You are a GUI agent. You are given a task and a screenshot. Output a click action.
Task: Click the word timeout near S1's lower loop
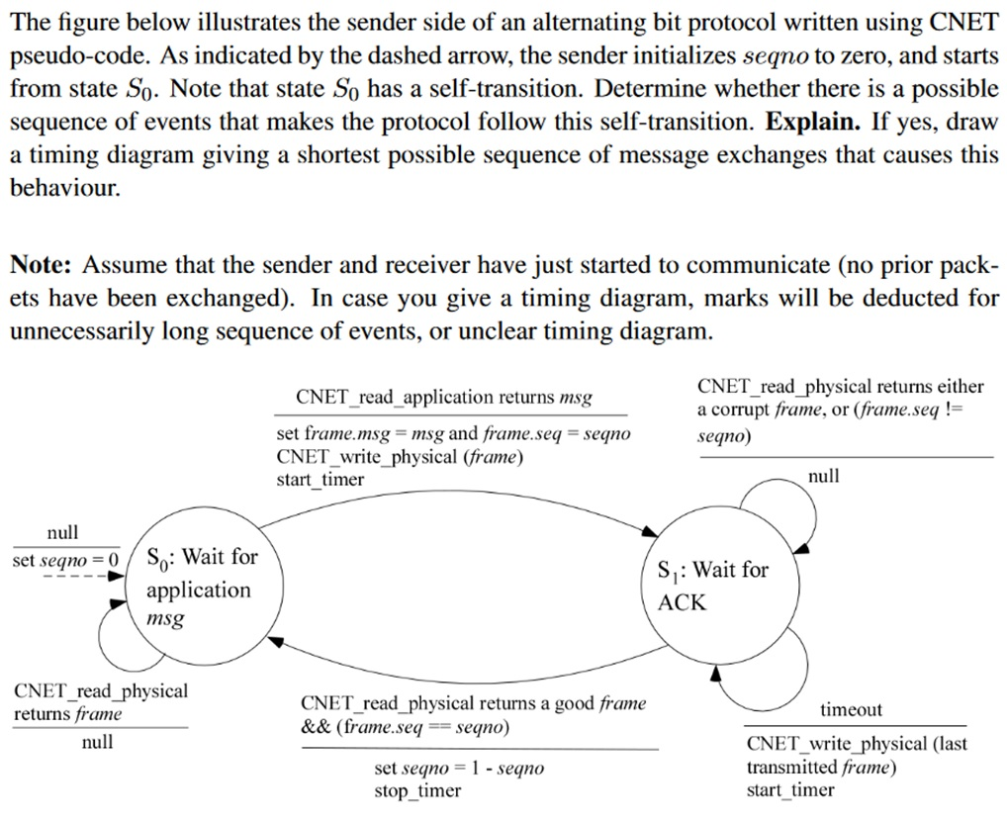(851, 709)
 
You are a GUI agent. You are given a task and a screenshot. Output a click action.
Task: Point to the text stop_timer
(416, 790)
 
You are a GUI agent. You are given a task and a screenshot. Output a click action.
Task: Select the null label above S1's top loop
(823, 476)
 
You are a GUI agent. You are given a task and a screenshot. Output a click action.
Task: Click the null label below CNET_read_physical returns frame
(97, 741)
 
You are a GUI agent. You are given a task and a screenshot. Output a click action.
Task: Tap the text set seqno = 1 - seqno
(459, 769)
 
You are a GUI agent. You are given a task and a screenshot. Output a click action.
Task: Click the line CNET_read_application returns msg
(444, 397)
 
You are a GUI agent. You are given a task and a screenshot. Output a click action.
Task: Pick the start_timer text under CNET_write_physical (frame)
(320, 479)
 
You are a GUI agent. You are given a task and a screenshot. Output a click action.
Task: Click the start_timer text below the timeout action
(790, 789)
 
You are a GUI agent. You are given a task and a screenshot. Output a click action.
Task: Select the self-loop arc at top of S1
(790, 494)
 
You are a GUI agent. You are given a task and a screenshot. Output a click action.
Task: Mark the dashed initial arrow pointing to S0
(79, 573)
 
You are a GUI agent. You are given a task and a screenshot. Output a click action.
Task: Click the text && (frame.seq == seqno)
(405, 727)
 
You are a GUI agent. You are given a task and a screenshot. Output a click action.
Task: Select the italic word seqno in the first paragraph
(775, 54)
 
